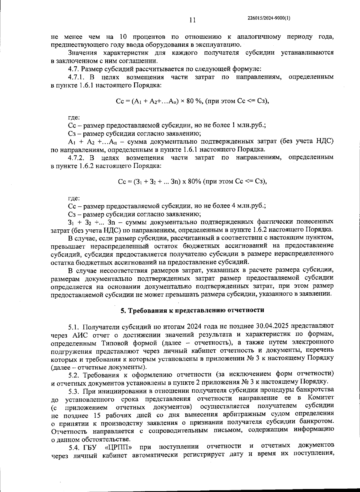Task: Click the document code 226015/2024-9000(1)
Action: [269, 18]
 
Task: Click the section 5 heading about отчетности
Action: [192, 310]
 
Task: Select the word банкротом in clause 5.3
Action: [317, 423]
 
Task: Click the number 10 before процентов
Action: [124, 37]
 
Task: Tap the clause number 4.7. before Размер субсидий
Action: [73, 69]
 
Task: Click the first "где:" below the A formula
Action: [74, 118]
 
